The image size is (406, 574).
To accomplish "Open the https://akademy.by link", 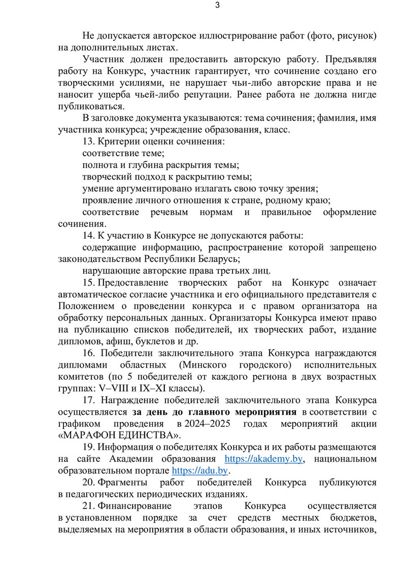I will tap(264, 459).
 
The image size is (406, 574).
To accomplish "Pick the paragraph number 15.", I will tap(87, 282).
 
